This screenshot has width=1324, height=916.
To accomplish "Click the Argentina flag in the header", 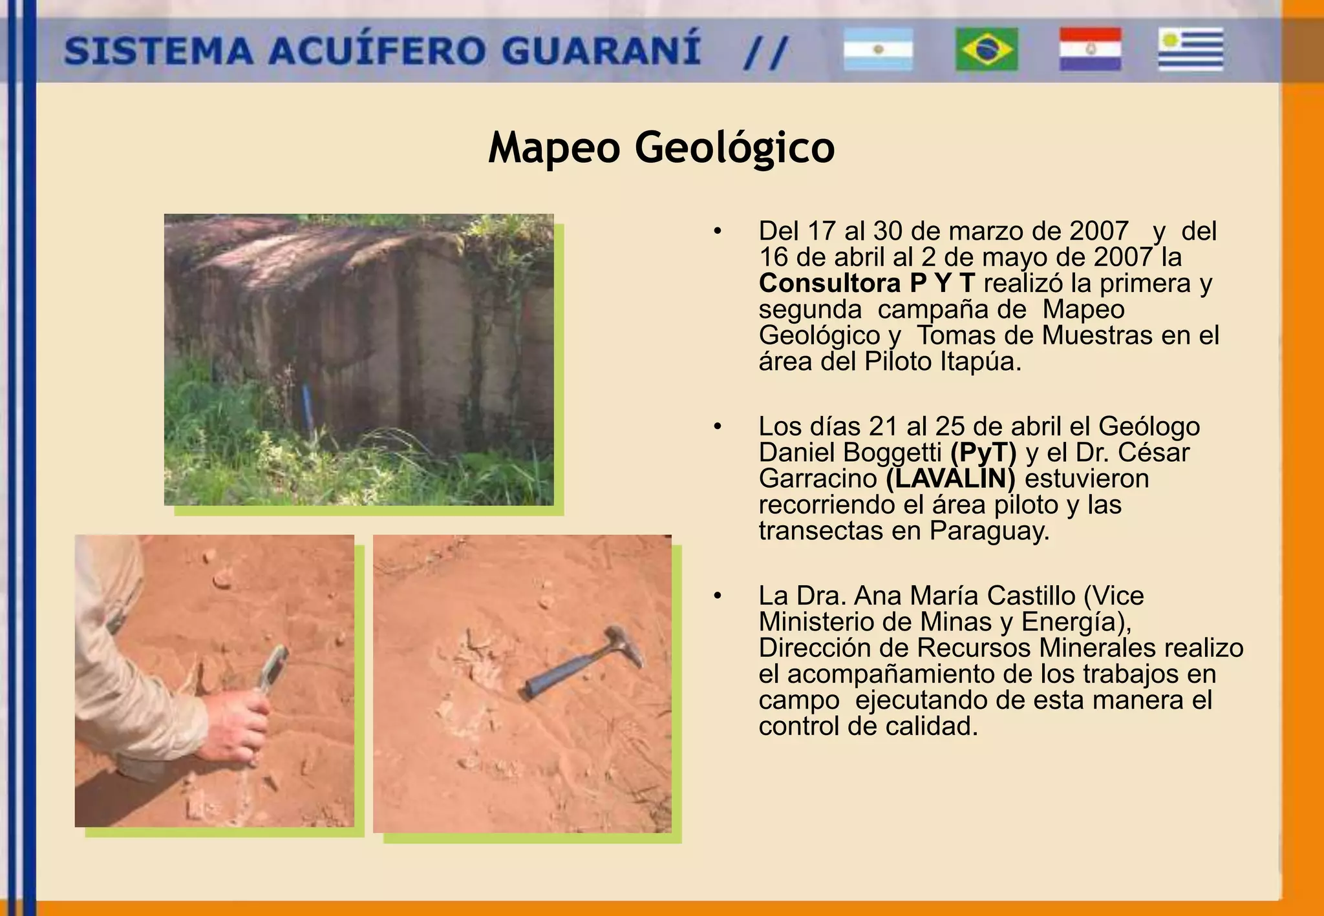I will [x=878, y=49].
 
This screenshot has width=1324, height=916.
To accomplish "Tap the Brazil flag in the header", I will [x=987, y=49].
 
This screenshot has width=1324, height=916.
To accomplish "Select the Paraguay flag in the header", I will [x=1090, y=49].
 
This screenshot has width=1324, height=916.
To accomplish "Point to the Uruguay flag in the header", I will [x=1191, y=49].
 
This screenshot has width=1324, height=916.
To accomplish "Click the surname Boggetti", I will [x=892, y=453].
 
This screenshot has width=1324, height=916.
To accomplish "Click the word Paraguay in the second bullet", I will [x=989, y=531].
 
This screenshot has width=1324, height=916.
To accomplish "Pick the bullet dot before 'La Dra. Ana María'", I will [x=717, y=596].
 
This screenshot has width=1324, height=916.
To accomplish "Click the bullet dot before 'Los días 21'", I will [x=717, y=426].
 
